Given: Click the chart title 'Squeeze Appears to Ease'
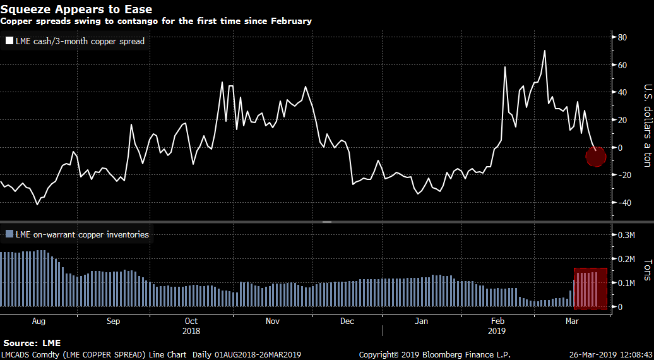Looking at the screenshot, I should click(76, 9).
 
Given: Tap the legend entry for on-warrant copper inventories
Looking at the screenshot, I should click(76, 234).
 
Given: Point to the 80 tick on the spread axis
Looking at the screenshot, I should click(621, 37).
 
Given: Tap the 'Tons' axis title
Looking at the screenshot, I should click(647, 270).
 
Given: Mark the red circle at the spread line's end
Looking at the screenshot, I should click(595, 155).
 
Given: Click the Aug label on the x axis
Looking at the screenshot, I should click(39, 321).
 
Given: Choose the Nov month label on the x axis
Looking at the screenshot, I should click(273, 321).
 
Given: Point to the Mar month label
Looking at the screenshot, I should click(573, 321).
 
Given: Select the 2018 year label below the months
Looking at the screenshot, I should click(191, 330).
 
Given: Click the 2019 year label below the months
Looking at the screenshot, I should click(497, 330).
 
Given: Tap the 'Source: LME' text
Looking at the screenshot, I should click(32, 342).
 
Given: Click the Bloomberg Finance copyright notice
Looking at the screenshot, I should click(434, 354).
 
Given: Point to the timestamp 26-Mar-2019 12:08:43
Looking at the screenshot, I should click(611, 354).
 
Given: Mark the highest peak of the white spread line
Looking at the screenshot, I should click(544, 51).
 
